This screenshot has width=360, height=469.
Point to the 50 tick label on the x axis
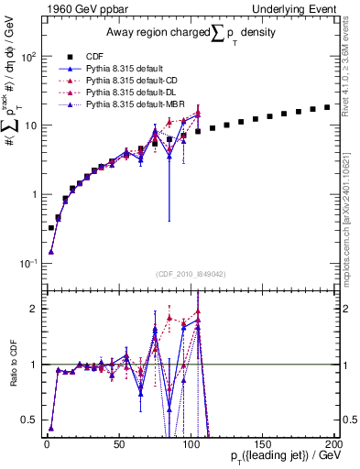click(x=118, y=442)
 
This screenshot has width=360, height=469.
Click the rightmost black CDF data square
click(x=327, y=107)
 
